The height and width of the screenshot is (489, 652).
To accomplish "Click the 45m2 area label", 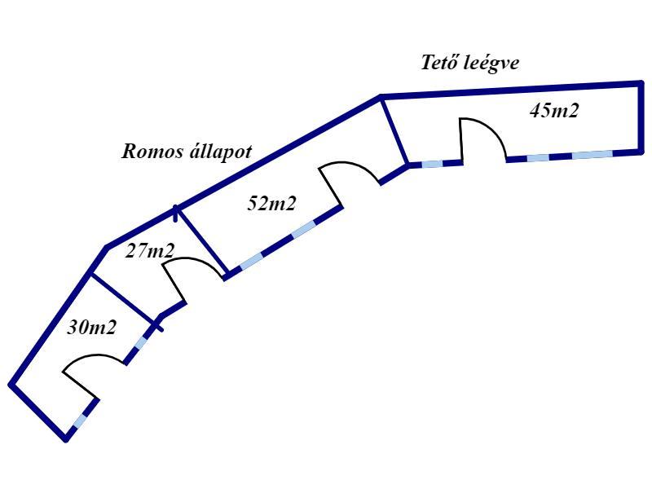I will [553, 111].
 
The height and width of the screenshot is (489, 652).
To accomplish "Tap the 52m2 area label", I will [271, 204].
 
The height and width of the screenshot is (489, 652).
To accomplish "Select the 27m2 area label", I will [149, 251].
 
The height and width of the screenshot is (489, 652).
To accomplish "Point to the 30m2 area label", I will [91, 328].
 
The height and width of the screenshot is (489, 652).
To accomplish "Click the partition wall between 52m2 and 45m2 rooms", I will [394, 130].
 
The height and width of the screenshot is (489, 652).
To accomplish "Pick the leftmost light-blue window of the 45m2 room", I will [432, 164].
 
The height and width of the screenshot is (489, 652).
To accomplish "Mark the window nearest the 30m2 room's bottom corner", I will [78, 422].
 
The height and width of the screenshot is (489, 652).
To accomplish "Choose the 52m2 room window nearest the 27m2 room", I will [251, 261].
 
